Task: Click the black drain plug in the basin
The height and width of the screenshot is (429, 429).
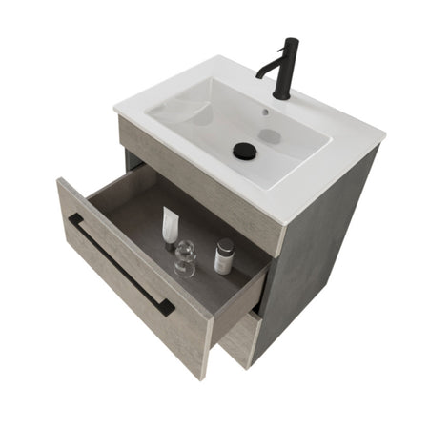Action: point(245,150)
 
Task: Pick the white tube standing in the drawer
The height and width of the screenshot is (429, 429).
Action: point(170,227)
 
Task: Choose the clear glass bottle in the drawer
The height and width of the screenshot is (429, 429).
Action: point(185,257)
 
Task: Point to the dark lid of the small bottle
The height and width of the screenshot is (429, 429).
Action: point(225,246)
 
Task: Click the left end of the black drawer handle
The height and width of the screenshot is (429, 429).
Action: point(72,219)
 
